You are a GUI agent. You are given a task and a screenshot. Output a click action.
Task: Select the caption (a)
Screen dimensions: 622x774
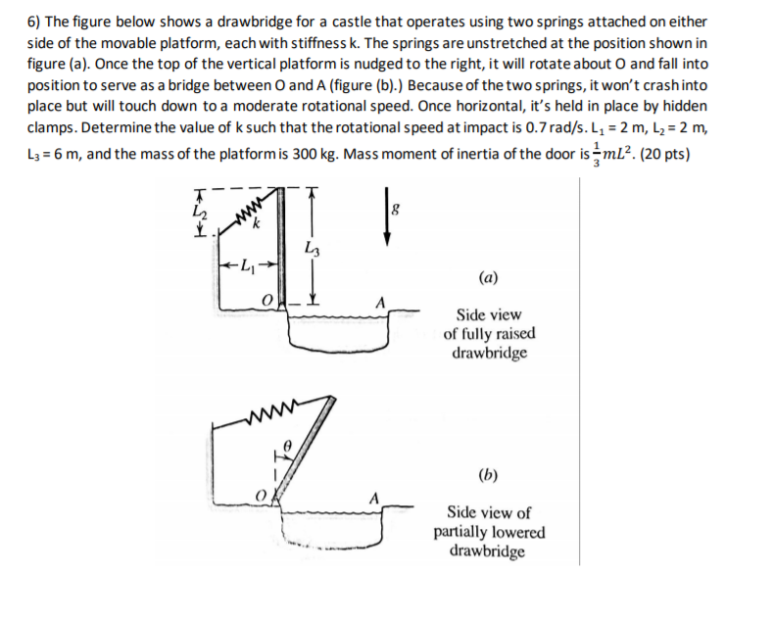point(487,277)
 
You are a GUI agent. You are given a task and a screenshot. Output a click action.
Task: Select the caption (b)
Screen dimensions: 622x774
point(487,477)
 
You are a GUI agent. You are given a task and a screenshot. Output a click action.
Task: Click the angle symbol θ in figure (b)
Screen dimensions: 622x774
point(287,446)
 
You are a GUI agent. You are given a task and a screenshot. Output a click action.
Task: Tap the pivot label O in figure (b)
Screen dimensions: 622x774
point(260,497)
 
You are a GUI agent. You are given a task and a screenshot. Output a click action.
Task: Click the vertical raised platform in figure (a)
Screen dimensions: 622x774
point(282,245)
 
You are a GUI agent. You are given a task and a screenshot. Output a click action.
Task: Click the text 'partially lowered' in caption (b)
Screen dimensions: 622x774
point(489,532)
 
